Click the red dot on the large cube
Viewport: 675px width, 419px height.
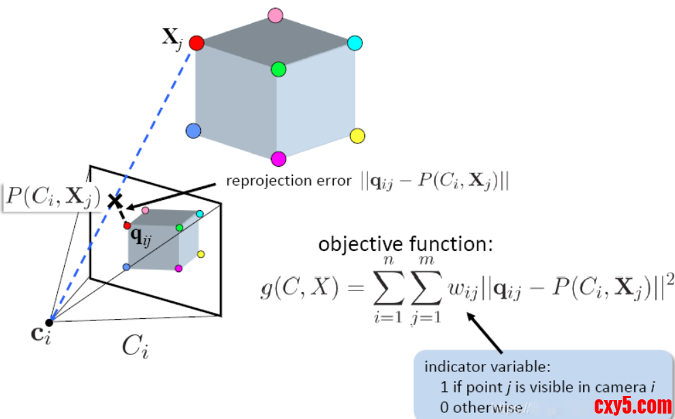pyautogui.click(x=196, y=44)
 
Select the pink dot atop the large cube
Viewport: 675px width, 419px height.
pyautogui.click(x=275, y=15)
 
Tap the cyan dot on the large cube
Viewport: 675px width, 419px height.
pyautogui.click(x=354, y=44)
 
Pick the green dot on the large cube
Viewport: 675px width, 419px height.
pyautogui.click(x=278, y=69)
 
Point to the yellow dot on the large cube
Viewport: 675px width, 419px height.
pyautogui.click(x=357, y=136)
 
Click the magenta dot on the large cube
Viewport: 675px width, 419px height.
pyautogui.click(x=278, y=159)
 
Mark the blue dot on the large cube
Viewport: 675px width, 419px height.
pyautogui.click(x=193, y=131)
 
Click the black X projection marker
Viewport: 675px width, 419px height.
pyautogui.click(x=115, y=201)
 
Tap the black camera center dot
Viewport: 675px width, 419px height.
pyautogui.click(x=49, y=322)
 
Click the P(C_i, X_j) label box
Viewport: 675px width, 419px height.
pyautogui.click(x=52, y=198)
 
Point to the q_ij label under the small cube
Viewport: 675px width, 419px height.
pyautogui.click(x=141, y=237)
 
